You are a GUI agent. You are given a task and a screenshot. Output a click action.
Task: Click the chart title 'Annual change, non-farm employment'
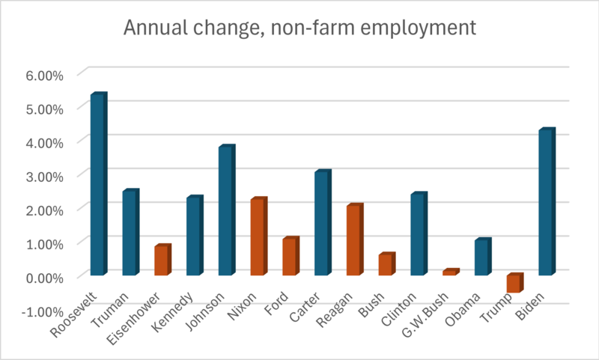tap(299, 28)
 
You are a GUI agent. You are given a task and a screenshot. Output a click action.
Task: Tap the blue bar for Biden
tap(547, 203)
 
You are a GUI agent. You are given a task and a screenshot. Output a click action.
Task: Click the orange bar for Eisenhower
tap(162, 260)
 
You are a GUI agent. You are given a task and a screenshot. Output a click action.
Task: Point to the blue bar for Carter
tap(322, 224)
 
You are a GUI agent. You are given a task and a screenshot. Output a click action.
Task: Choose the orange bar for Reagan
tap(354, 240)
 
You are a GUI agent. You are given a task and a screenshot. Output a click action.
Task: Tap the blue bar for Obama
tap(482, 257)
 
